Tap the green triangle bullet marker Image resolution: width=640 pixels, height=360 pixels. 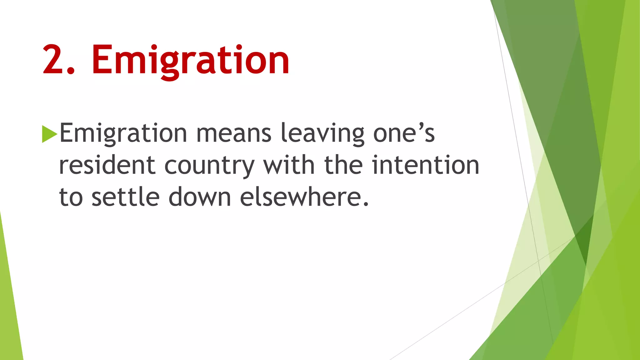tap(49, 134)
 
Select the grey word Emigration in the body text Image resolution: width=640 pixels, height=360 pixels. tap(123, 133)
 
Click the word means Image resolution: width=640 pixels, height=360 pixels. tap(234, 133)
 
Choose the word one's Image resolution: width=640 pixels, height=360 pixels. tap(404, 133)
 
